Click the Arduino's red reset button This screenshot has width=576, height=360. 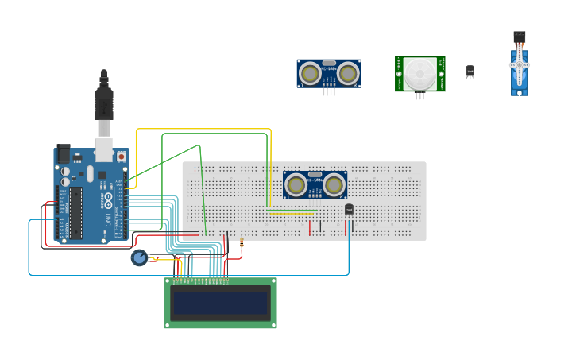tap(121, 157)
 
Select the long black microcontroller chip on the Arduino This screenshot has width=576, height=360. tap(76, 212)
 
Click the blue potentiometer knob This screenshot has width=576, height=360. tap(139, 257)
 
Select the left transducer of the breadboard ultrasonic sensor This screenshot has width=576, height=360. tap(296, 186)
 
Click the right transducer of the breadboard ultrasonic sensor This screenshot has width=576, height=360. tap(334, 186)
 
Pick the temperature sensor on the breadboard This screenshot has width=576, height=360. tap(349, 209)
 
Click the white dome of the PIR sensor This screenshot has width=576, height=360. tap(419, 73)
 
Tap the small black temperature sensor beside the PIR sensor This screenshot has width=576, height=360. tap(470, 72)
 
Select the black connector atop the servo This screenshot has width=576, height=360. tap(519, 36)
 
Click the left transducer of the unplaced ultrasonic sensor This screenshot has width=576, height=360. tap(311, 74)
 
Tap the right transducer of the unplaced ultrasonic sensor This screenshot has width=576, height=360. tap(348, 74)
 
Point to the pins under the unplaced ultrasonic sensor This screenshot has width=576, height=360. tap(329, 92)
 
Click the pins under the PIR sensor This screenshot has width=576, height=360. tap(419, 96)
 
